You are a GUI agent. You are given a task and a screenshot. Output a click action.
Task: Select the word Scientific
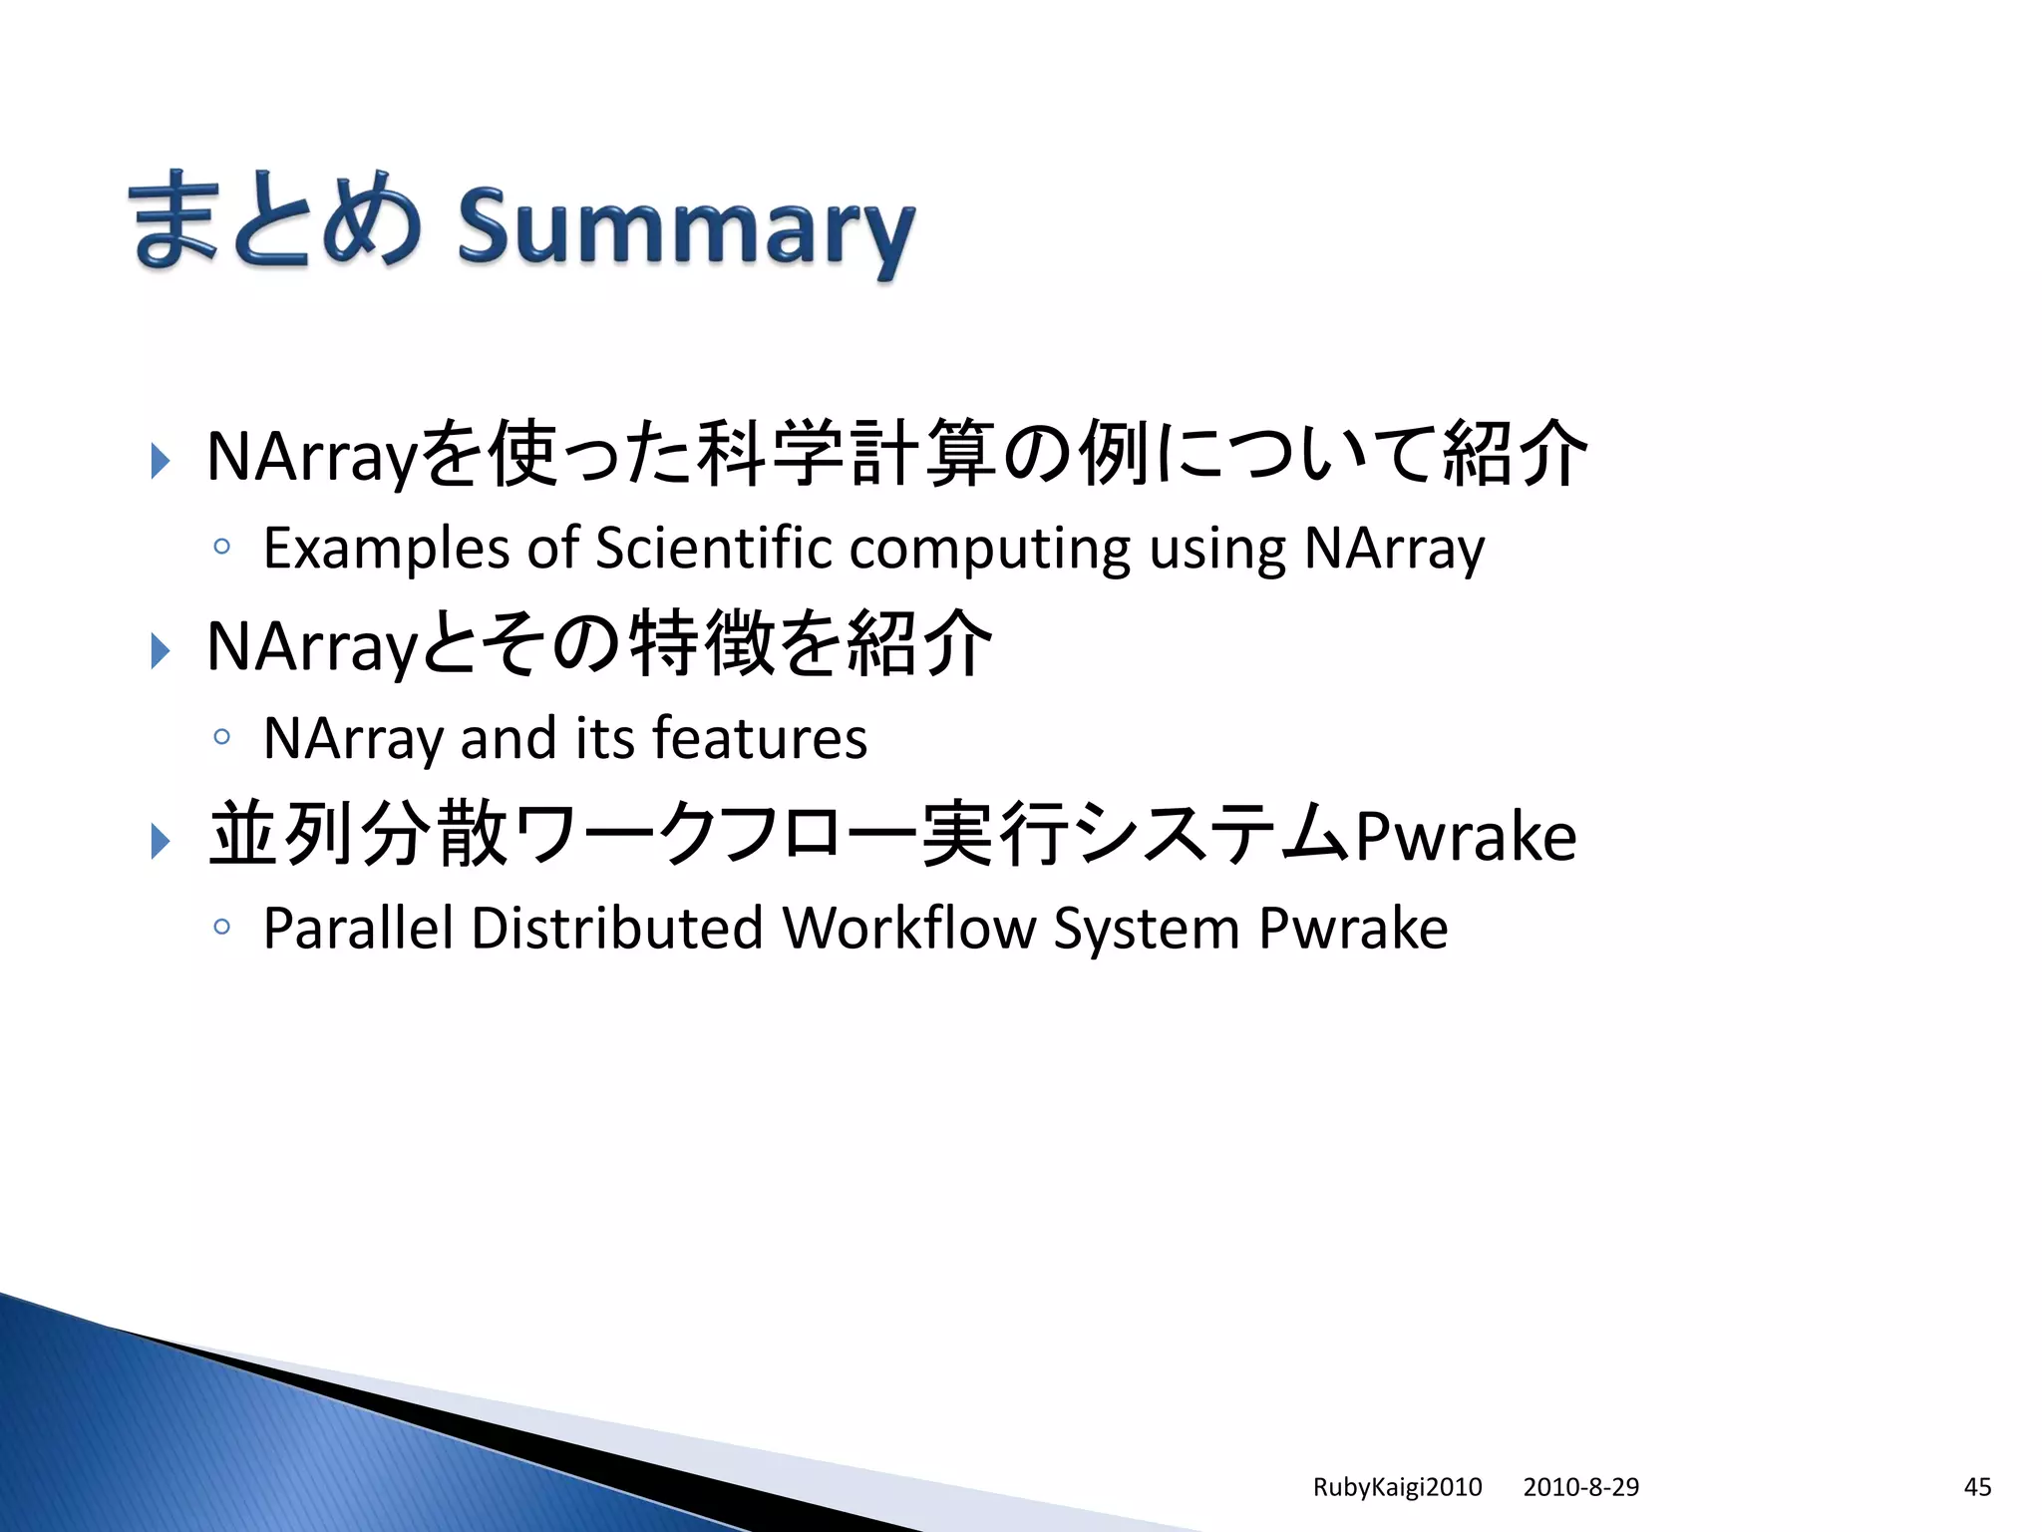pos(713,549)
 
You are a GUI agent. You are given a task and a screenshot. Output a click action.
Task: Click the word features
pos(760,739)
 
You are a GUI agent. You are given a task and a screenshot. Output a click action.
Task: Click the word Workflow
pos(909,930)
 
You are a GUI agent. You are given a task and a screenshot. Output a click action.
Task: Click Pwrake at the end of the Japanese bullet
pos(1466,836)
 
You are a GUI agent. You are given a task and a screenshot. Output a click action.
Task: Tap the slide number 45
pos(1977,1487)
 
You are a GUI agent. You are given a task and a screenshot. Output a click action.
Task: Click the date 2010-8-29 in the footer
pos(1580,1487)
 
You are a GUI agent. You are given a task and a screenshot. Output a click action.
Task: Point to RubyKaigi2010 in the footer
pos(1397,1487)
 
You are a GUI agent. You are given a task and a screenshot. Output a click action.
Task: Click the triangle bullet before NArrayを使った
pos(160,461)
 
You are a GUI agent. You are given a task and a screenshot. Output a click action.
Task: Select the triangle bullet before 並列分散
pos(160,841)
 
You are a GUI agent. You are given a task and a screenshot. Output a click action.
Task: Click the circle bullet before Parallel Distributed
pos(221,928)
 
